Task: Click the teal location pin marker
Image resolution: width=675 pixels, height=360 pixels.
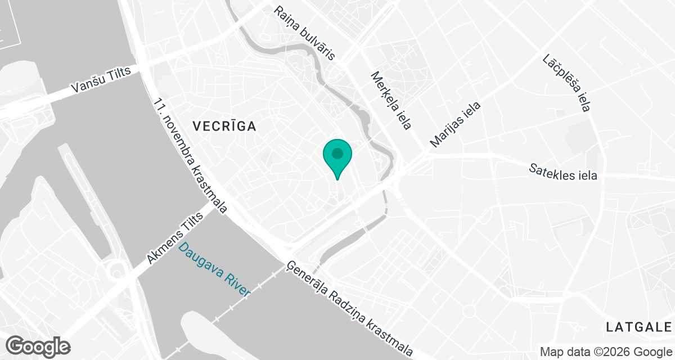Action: point(337,157)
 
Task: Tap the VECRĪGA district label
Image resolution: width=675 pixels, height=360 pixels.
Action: point(224,126)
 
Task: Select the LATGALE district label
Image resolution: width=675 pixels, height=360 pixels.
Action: point(639,326)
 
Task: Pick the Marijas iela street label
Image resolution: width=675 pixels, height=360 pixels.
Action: point(456,124)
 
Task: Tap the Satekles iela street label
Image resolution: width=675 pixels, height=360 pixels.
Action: point(563,172)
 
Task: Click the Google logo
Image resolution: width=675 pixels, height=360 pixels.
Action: point(38,346)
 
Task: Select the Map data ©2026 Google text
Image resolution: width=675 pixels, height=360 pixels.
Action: point(605,352)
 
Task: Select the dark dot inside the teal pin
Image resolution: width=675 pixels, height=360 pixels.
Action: point(337,153)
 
